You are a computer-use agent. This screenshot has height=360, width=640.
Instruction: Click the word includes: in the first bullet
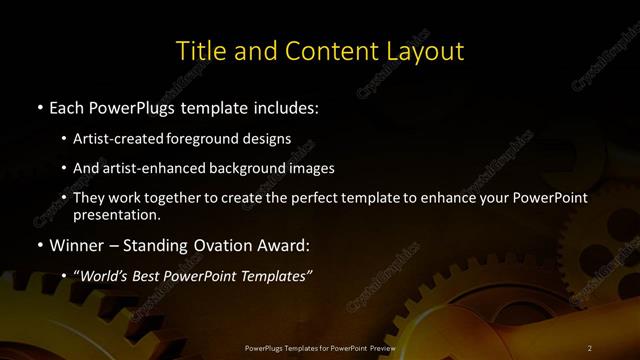(x=288, y=107)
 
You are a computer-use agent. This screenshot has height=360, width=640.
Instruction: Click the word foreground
(x=207, y=138)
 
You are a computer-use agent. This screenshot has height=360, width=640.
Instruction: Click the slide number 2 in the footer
(x=590, y=347)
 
